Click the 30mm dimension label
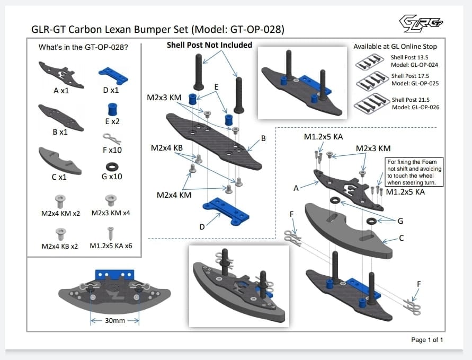tap(114, 320)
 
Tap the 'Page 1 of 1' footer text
tap(427, 339)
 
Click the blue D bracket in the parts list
tap(113, 75)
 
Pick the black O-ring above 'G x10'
tap(112, 165)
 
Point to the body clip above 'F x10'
tap(112, 139)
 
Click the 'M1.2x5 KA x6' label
tap(111, 246)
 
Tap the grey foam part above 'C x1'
tap(60, 160)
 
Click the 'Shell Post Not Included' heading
tap(209, 45)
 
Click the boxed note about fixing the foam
tap(415, 172)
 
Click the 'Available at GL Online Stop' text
tap(395, 47)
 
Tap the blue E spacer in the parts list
tap(112, 109)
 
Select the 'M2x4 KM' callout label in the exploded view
tap(173, 195)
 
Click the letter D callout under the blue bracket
tap(202, 227)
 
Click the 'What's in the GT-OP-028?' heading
tap(83, 47)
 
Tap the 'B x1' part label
tap(60, 131)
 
